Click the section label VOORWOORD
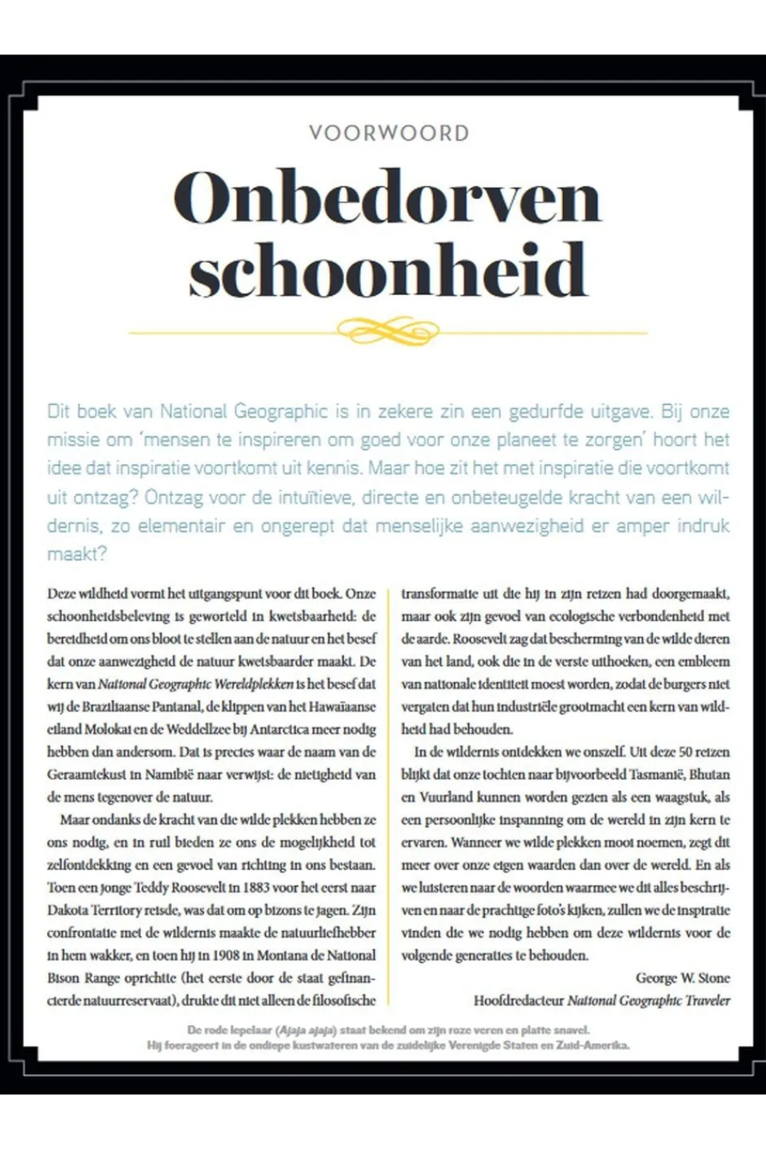click(x=389, y=133)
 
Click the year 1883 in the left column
click(x=256, y=887)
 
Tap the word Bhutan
click(x=709, y=774)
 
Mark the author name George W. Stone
click(x=682, y=978)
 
